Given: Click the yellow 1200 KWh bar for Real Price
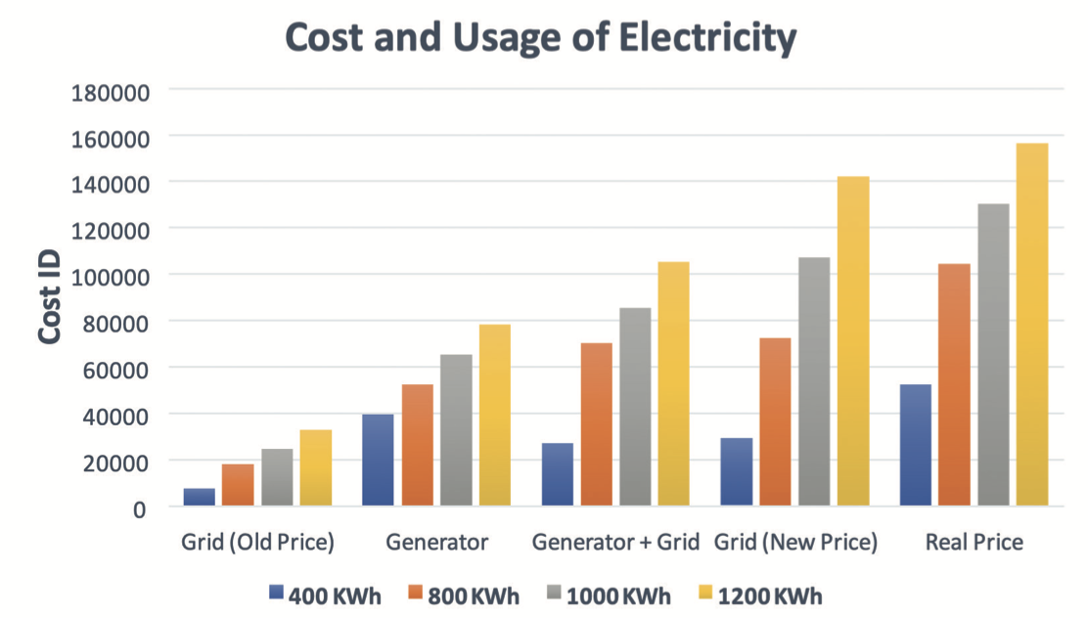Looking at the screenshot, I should (1032, 325).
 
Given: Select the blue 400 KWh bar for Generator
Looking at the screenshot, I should (378, 460).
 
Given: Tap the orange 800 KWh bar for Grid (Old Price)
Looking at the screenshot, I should (238, 485).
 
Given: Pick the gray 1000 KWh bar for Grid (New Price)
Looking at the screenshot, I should (814, 381).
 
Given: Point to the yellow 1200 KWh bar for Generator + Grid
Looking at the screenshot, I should (673, 383).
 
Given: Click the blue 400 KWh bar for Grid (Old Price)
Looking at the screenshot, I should (200, 497).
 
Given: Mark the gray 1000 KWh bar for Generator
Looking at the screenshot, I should (456, 430).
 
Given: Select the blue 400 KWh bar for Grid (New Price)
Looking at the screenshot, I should (737, 471).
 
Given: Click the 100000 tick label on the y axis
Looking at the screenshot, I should (109, 276).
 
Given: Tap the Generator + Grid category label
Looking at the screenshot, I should (615, 542).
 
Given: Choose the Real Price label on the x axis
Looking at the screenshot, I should (975, 542).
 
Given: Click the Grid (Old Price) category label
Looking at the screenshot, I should (258, 542).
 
